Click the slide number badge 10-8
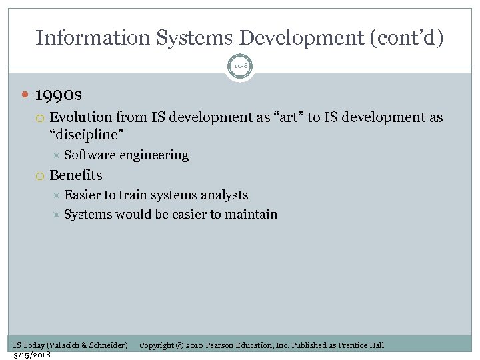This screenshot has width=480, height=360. pos(240,66)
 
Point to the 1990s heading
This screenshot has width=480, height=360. pos(58,95)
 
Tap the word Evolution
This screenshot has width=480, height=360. pos(78,118)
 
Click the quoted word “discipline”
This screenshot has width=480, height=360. pos(87,135)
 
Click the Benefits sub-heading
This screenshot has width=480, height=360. pos(76,175)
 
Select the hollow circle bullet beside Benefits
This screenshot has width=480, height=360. pos(39,176)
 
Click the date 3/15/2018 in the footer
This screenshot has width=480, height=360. pos(32,355)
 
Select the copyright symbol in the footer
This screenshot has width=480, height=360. pos(179,345)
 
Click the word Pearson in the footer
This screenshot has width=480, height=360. pos(220,345)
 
